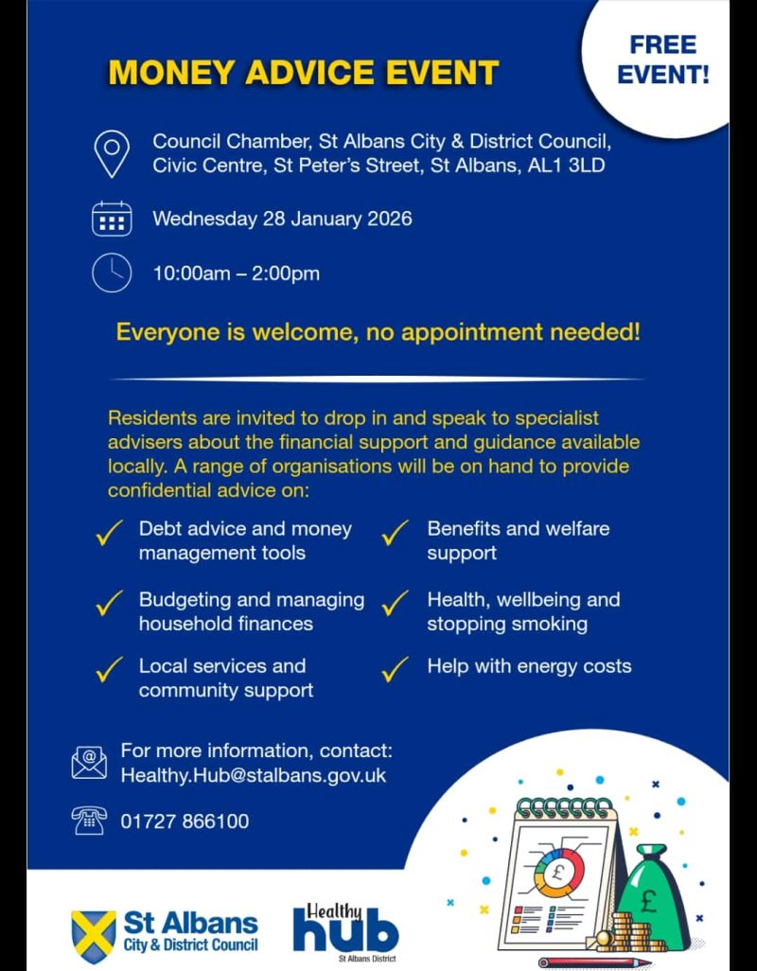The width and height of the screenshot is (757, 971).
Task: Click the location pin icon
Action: coord(112,153)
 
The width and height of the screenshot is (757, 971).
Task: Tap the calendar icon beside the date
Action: coord(112,219)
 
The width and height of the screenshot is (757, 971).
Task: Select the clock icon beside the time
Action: coord(112,274)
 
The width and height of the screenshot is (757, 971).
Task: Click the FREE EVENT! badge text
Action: coord(662,60)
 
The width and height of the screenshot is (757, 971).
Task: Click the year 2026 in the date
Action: coord(388,219)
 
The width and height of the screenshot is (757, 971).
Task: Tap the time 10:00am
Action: coord(189,274)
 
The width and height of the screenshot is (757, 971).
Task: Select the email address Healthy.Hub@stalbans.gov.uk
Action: coord(254,775)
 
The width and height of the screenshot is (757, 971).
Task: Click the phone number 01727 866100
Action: coord(185,821)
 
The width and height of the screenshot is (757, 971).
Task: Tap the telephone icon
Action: coord(89,820)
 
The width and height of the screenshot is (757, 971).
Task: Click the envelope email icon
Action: coord(89,762)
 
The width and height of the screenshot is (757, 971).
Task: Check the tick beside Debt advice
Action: coord(110,534)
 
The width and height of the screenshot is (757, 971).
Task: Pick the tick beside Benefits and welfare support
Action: coord(395,534)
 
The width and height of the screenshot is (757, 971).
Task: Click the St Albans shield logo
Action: coord(94,932)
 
